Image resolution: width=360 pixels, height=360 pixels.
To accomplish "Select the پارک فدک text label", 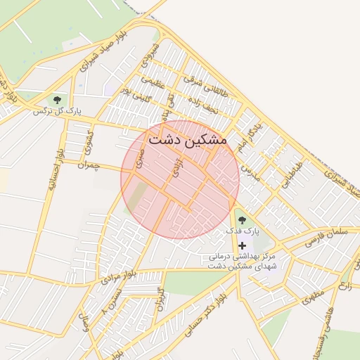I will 243,231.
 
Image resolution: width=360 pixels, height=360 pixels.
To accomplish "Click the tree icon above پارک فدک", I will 243,220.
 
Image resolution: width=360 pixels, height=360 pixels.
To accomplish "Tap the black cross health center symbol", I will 243,246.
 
